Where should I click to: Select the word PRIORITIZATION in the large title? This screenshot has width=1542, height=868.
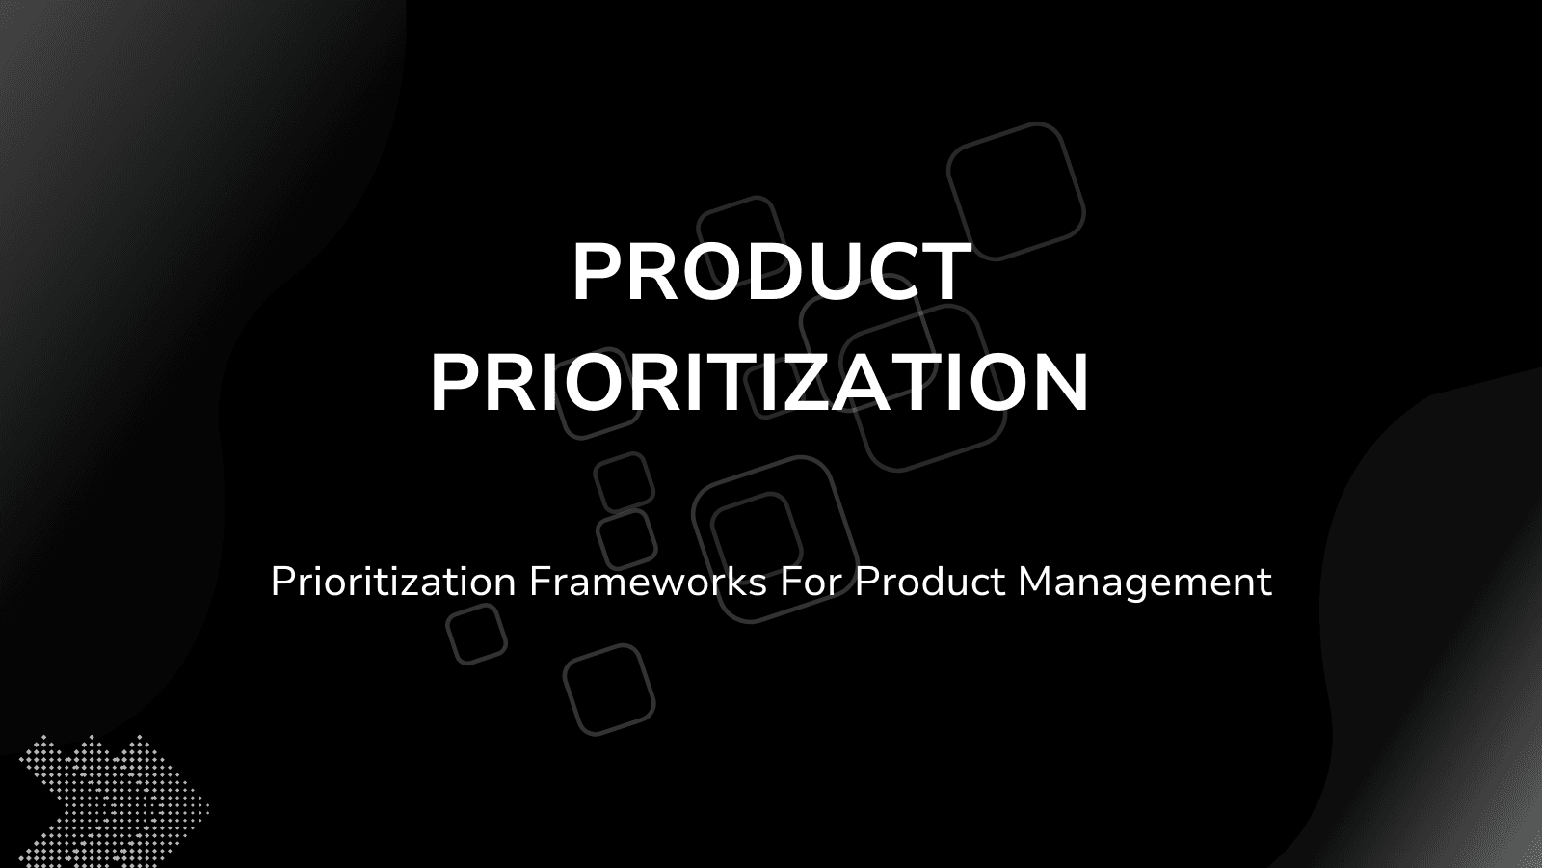[759, 383]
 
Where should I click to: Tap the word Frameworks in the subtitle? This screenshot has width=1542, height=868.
[648, 582]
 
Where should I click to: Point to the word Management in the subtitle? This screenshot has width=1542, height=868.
[1145, 582]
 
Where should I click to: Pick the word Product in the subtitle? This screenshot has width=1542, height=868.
[930, 582]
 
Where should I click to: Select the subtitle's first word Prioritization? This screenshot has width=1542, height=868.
[393, 582]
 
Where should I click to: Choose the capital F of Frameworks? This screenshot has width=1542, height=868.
[538, 582]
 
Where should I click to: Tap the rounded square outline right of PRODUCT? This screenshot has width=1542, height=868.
[1016, 191]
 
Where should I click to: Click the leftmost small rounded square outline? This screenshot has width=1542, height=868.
[476, 634]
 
